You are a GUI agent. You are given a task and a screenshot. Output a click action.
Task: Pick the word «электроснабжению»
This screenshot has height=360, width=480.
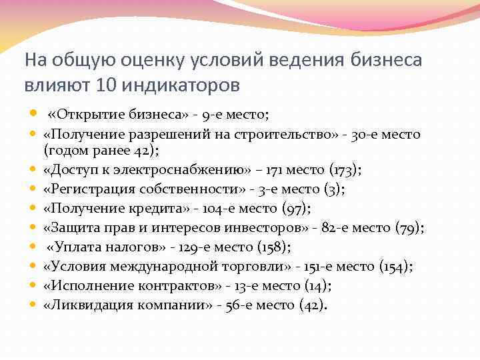click(x=189, y=169)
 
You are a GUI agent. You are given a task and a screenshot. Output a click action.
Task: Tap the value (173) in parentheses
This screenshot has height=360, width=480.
click(x=347, y=169)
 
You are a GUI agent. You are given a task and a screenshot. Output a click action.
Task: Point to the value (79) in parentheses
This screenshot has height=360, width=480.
click(x=409, y=227)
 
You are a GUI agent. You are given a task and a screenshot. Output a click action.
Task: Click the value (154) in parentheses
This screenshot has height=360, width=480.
click(x=396, y=267)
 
